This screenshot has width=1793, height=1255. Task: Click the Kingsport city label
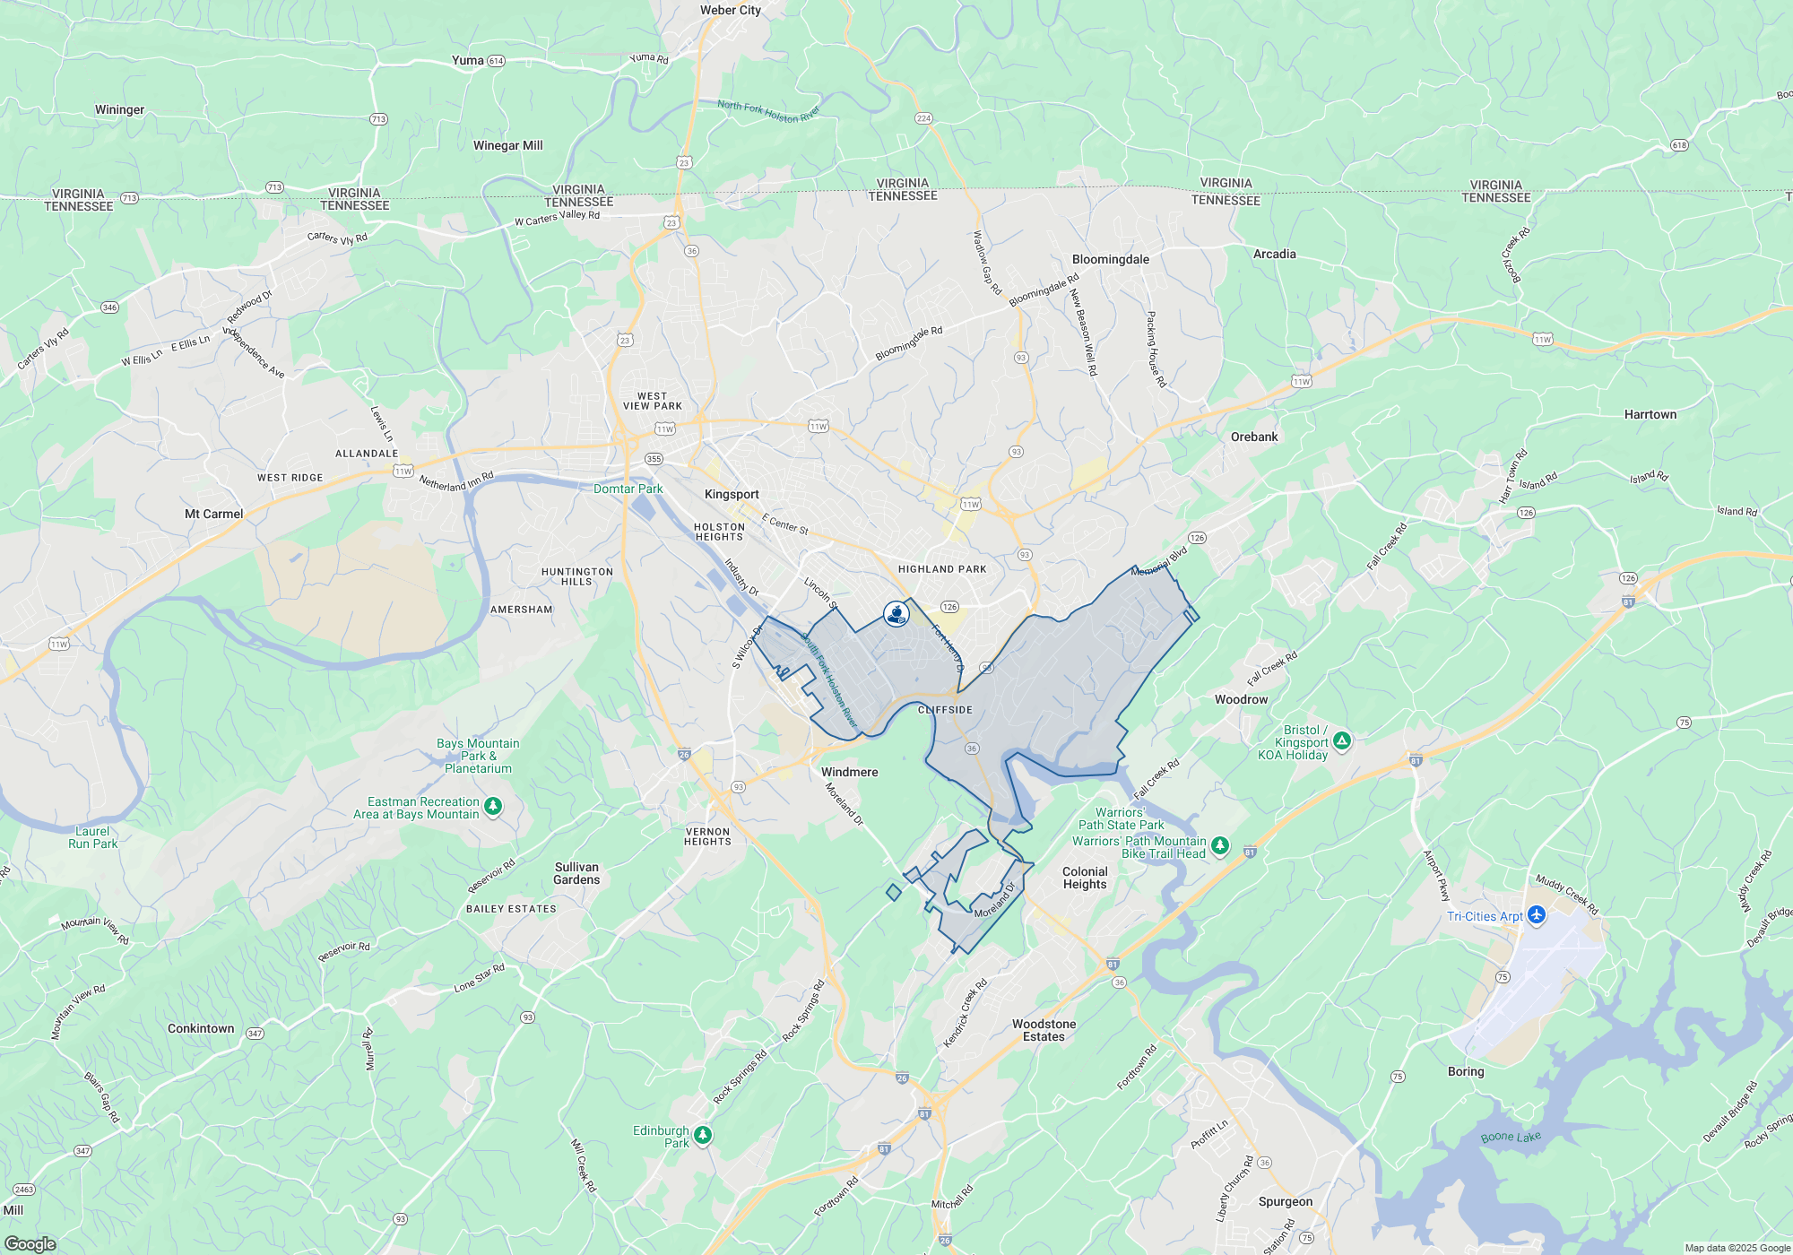coord(732,495)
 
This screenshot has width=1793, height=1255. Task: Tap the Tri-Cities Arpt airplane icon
coord(1537,915)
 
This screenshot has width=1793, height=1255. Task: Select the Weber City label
coord(731,11)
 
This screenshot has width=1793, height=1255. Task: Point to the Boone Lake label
coord(1511,1138)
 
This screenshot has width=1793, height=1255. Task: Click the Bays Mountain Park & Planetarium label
coord(478,756)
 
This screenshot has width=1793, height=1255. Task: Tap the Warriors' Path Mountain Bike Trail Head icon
coord(1219,845)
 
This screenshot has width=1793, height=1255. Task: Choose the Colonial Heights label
coord(1085,878)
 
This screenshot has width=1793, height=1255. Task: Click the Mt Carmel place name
coord(213,514)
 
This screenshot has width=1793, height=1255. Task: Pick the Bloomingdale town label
coord(1110,259)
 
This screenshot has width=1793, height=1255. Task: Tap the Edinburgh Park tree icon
coord(703,1135)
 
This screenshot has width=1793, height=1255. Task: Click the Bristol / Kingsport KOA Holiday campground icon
coord(1341,740)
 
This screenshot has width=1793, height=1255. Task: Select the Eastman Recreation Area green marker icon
coord(492,807)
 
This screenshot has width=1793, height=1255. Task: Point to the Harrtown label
coord(1650,414)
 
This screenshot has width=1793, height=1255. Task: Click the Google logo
coord(30,1243)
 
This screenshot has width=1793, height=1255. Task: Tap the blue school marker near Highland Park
coord(896,613)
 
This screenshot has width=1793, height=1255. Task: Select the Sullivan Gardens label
coord(576,873)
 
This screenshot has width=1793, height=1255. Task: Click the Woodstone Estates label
coord(1044,1030)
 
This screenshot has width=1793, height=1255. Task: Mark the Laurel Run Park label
coord(93,837)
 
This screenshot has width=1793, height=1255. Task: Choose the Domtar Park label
coord(628,489)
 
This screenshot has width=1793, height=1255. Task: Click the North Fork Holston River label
coord(768,112)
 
